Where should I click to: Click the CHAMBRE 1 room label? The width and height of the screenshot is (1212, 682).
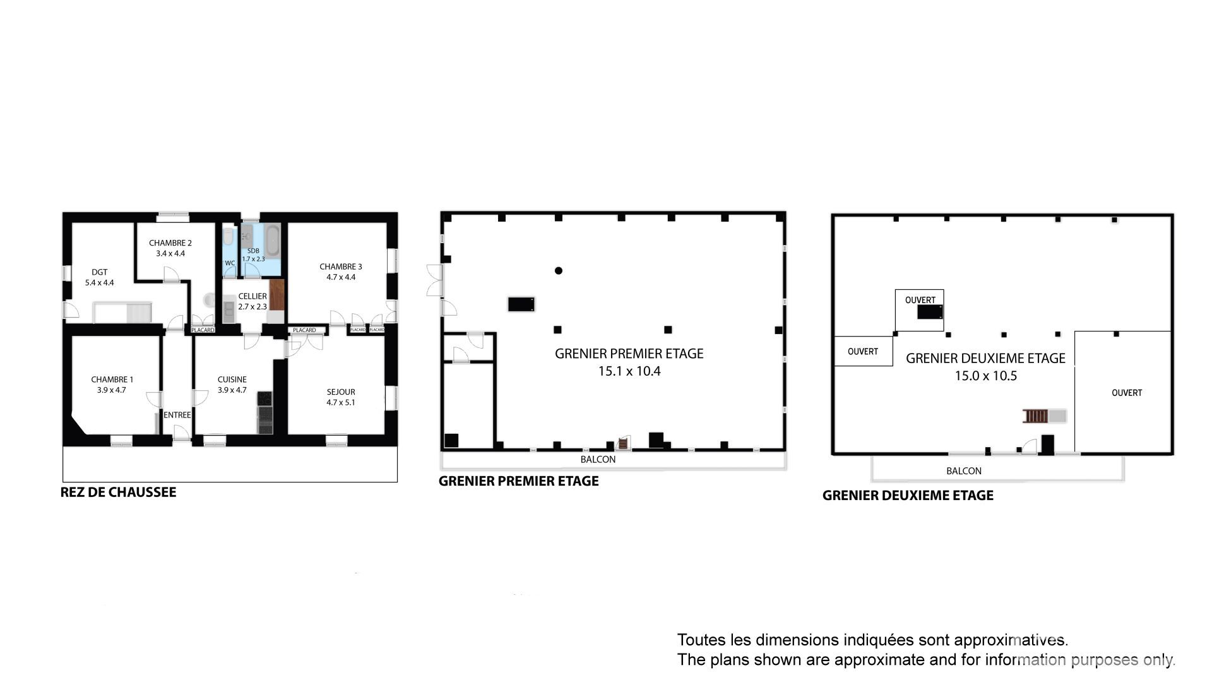(x=112, y=380)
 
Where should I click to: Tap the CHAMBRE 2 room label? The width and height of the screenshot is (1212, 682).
(x=170, y=243)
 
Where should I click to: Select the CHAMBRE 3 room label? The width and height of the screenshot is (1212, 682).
(x=341, y=266)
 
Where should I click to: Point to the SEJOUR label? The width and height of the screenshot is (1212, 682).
(x=341, y=392)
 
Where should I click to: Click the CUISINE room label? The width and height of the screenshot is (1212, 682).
(x=232, y=380)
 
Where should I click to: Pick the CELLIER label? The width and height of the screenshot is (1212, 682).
(x=252, y=296)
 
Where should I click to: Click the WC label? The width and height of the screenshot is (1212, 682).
(x=230, y=263)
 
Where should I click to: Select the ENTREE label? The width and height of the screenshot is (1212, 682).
(x=177, y=415)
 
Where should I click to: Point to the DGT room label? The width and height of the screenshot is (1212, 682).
(x=100, y=272)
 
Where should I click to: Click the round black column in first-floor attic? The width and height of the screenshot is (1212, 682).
(x=559, y=271)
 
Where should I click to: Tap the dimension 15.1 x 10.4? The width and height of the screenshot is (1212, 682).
(x=629, y=371)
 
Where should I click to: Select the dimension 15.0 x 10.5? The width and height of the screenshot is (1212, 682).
(x=986, y=376)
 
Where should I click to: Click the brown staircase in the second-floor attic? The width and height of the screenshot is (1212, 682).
(x=1036, y=416)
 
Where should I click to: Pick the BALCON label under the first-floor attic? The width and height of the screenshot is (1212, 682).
(x=598, y=459)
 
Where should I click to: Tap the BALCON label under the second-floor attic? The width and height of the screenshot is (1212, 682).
(x=964, y=471)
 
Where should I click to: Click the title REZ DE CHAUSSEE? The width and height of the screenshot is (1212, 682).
(x=118, y=492)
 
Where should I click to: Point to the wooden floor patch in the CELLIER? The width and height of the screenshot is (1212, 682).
(x=277, y=294)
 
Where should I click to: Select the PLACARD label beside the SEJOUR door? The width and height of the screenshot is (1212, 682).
(x=304, y=330)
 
